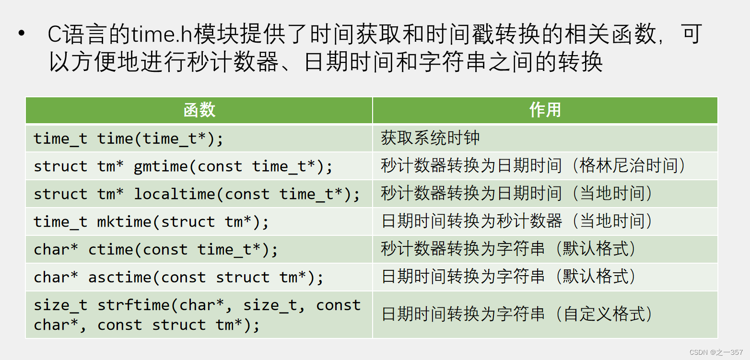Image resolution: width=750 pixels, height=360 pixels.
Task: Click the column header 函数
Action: tap(199, 110)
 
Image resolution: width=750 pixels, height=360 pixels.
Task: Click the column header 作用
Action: tap(545, 110)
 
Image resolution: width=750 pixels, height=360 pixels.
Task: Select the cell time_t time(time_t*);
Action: tap(129, 139)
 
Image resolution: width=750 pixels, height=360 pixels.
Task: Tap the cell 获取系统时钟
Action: tap(430, 139)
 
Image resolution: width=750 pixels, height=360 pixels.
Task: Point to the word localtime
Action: tap(175, 194)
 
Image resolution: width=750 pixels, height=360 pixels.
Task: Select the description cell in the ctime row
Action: tap(508, 249)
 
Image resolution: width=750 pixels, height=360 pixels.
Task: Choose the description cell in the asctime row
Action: tap(508, 277)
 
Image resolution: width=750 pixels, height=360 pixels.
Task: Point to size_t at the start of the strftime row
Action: tap(60, 305)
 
